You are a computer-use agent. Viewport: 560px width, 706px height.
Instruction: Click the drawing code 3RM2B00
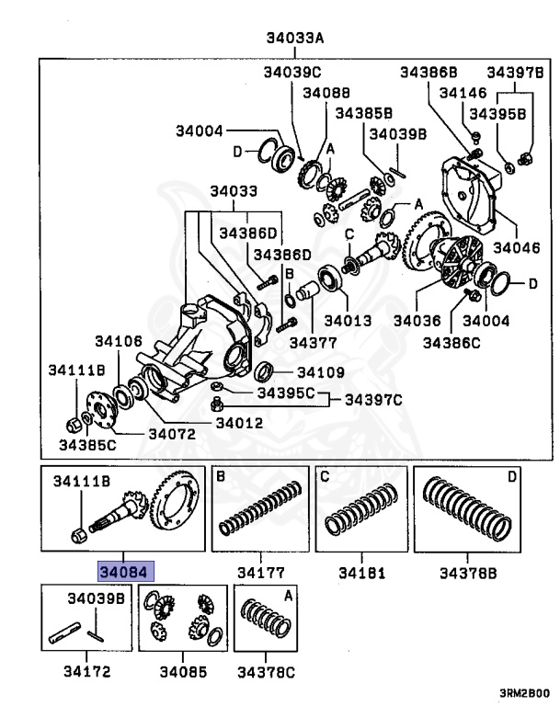[x=524, y=693]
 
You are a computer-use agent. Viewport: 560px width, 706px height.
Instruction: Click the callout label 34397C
[x=373, y=400]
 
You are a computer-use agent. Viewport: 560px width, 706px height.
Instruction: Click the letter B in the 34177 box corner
[x=221, y=476]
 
